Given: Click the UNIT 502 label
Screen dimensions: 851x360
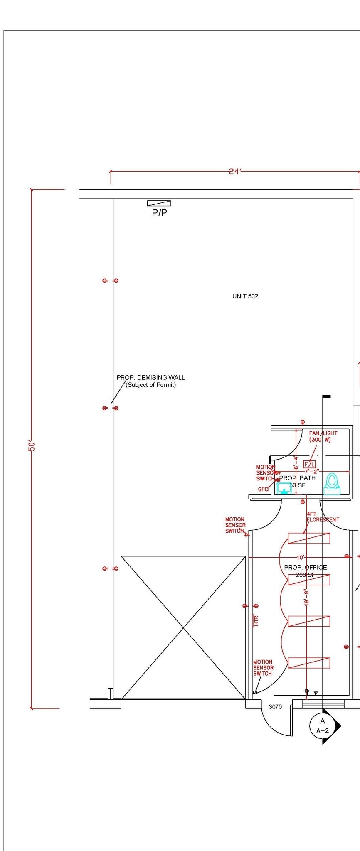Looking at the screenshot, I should tap(245, 296).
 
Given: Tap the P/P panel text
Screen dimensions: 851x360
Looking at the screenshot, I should tap(159, 213).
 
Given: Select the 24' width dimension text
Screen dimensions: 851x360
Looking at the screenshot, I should tap(235, 171).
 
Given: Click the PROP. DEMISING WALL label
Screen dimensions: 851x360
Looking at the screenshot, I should tap(150, 378).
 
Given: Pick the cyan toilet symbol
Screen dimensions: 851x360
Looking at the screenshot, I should tap(332, 484).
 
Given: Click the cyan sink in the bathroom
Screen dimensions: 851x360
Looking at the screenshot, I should tap(284, 488).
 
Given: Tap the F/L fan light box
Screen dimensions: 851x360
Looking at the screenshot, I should tap(309, 464).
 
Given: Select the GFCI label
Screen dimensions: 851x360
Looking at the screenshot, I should tap(264, 489).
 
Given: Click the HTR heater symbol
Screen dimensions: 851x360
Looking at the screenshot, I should tap(256, 621).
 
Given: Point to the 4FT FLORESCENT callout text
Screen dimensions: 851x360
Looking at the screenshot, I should tap(323, 517).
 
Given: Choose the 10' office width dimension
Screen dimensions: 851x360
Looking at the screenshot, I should tap(300, 557).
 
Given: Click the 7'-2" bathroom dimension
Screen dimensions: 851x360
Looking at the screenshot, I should tap(311, 472).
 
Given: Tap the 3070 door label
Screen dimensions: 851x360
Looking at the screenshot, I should tap(275, 706).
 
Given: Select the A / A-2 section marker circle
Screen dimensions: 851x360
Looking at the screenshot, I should tap(323, 726).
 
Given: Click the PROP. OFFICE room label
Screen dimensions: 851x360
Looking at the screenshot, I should tap(306, 567).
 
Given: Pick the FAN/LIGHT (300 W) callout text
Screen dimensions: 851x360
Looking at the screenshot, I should tap(323, 436).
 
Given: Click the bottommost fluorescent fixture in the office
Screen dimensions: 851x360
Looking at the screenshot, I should tap(309, 663).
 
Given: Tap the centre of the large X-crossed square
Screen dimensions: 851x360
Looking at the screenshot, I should tap(183, 627).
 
